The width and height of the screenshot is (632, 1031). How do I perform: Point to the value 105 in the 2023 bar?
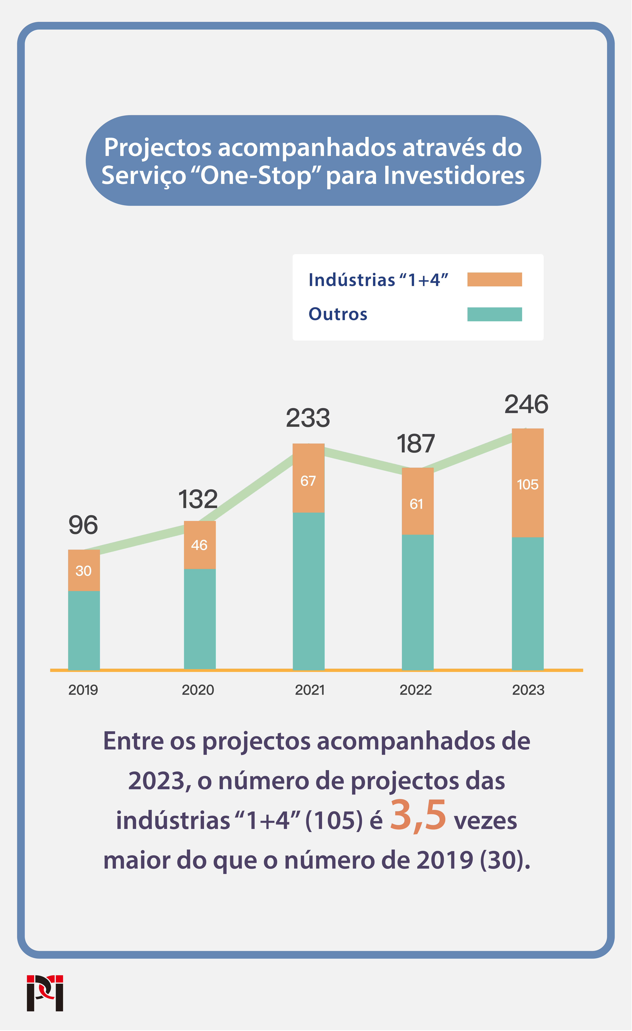pyautogui.click(x=527, y=485)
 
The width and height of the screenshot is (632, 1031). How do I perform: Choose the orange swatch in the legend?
pyautogui.click(x=494, y=280)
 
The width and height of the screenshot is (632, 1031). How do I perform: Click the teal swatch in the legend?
pyautogui.click(x=494, y=314)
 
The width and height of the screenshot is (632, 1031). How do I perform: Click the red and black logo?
pyautogui.click(x=45, y=993)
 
